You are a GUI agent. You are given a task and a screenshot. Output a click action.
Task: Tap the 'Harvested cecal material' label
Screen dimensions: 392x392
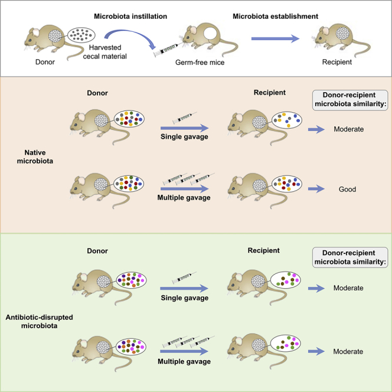[x=113, y=52]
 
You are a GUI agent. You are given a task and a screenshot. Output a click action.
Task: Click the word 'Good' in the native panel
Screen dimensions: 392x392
[x=348, y=191]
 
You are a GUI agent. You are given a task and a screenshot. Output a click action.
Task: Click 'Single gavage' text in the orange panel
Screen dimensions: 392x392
[x=185, y=138]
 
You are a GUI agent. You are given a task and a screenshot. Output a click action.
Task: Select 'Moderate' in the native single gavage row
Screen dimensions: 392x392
[x=348, y=128]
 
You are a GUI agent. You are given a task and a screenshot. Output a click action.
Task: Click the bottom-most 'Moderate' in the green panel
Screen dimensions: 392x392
[x=348, y=351]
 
